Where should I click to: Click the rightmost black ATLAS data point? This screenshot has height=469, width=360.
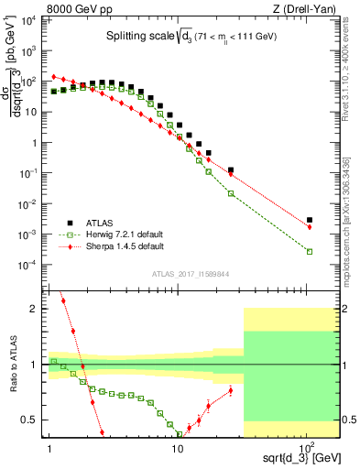(310, 221)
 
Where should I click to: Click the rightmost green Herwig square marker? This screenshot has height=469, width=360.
(310, 252)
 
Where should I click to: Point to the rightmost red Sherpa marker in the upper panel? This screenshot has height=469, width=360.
(310, 227)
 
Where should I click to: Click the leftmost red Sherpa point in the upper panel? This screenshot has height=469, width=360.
(54, 77)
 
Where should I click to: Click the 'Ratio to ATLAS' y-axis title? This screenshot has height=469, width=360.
(11, 365)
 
